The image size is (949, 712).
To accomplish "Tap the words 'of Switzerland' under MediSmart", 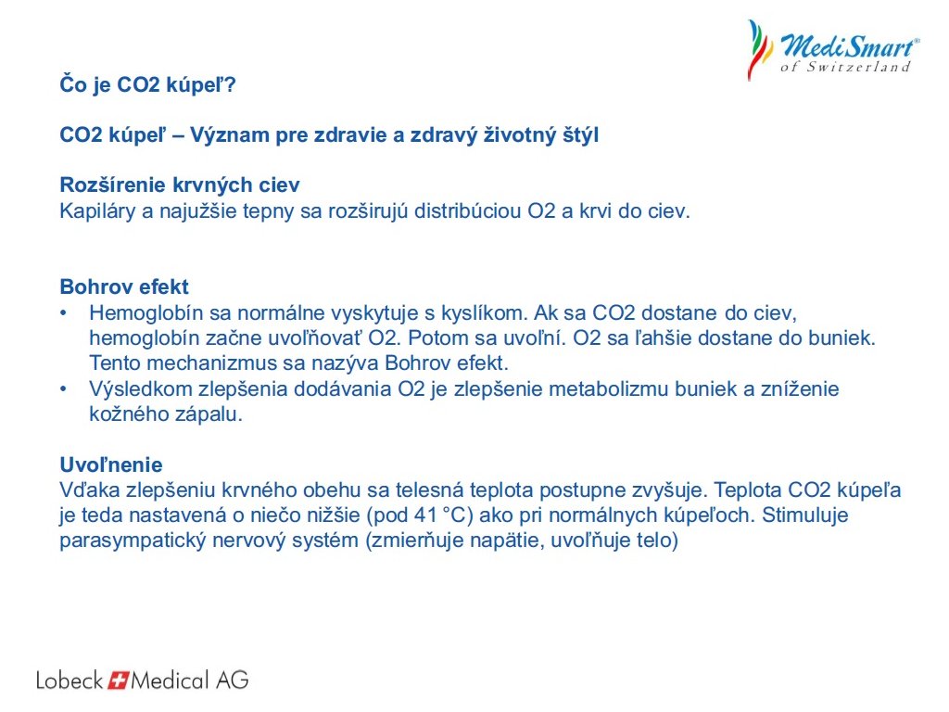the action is point(845,67).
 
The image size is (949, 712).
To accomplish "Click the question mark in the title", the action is point(229,84).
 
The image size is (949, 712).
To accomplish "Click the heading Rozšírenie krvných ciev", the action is point(180,184).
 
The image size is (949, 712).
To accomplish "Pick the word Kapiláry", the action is point(97,211).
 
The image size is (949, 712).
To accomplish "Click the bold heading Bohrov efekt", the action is point(124,286).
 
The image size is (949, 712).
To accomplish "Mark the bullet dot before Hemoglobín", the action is point(64,313).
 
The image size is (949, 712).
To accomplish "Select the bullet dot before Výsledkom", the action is point(64,389).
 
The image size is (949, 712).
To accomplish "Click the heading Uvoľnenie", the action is point(111,464).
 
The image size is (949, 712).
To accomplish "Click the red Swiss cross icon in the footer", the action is point(118,680).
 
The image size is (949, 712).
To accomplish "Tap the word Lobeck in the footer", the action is point(70,680).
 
